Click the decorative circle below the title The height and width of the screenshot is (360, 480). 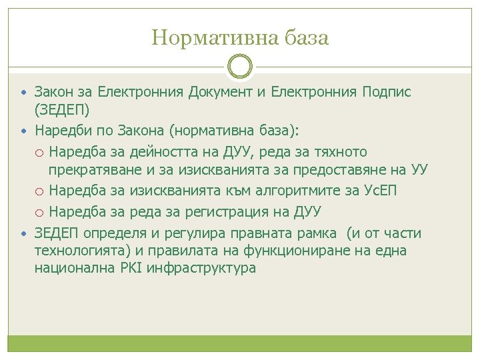point(240,67)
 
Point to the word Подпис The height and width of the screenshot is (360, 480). point(387,92)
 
